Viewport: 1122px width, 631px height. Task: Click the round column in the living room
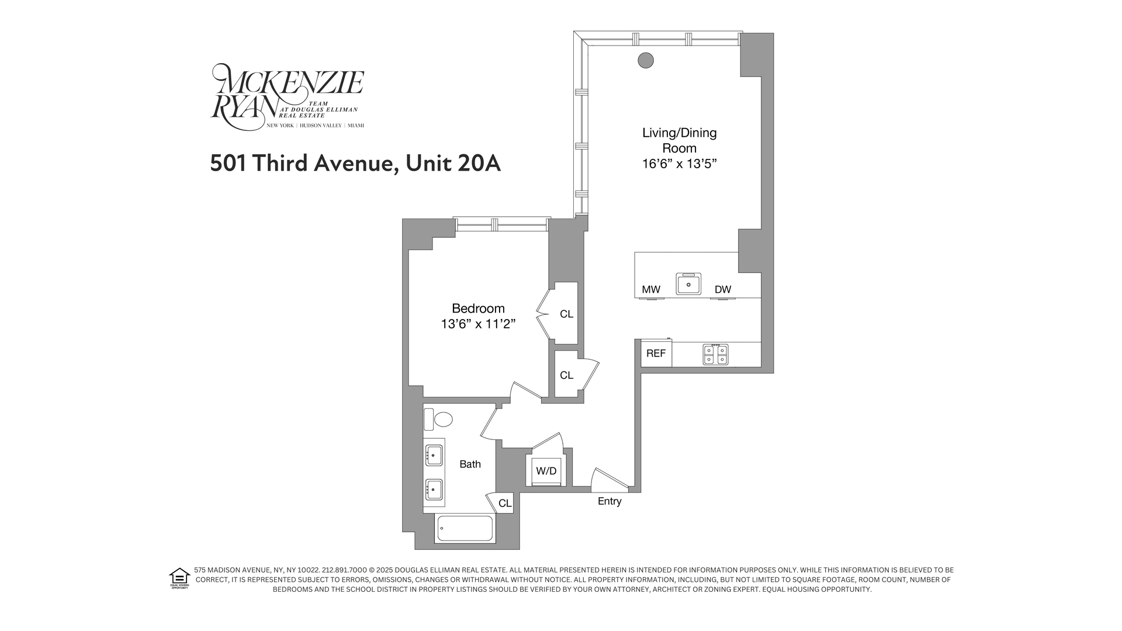coord(645,60)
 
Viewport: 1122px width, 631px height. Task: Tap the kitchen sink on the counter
coord(689,284)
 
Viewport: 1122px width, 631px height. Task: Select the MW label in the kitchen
coord(651,289)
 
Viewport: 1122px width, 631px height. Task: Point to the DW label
coord(723,289)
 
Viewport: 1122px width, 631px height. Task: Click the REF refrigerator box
coord(656,353)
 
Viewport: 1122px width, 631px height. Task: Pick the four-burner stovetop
coord(716,355)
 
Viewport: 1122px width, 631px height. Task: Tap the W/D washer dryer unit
coord(546,471)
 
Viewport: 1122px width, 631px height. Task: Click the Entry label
coord(610,501)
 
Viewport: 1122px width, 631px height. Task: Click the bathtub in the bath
coord(465,528)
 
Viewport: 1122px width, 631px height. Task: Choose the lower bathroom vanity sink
coord(434,489)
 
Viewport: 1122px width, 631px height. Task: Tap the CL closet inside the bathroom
coord(505,503)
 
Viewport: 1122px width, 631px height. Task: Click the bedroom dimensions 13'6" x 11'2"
coord(478,324)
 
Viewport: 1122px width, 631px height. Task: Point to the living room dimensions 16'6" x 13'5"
coord(679,164)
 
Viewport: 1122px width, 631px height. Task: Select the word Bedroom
coord(478,308)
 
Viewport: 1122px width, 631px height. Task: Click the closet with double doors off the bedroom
coord(566,314)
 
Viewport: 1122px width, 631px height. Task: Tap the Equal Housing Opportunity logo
coord(179,578)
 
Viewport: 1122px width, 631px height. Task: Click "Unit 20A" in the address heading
coord(453,164)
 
